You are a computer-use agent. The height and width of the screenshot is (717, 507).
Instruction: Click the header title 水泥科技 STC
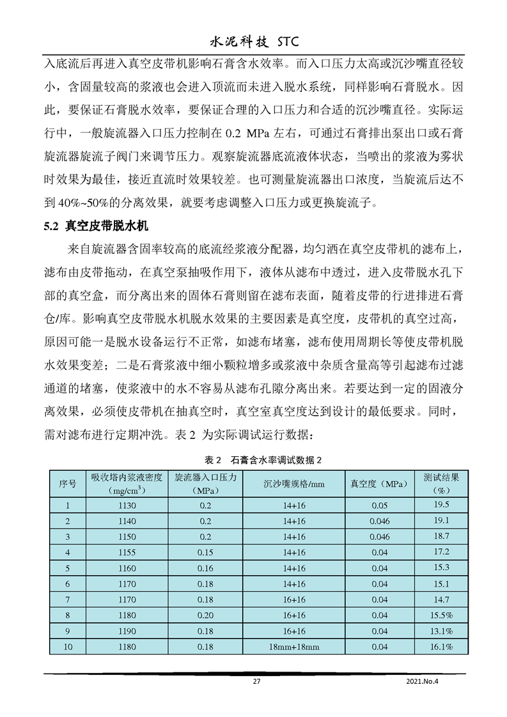[x=254, y=42]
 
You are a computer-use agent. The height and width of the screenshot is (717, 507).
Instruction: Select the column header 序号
[x=68, y=484]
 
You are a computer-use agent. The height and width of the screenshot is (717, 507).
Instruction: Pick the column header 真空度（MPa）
[x=379, y=484]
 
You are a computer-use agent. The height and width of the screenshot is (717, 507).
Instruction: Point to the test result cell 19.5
[x=441, y=505]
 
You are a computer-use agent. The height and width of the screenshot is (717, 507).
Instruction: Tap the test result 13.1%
[x=441, y=631]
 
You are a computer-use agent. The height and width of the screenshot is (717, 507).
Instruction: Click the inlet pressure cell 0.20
[x=205, y=615]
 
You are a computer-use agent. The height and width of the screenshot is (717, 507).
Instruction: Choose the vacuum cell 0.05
[x=379, y=505]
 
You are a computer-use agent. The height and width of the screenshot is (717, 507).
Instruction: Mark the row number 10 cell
[x=68, y=647]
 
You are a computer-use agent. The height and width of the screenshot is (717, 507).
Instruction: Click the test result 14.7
[x=441, y=599]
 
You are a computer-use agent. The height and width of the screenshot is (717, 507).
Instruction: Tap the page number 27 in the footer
[x=256, y=681]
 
